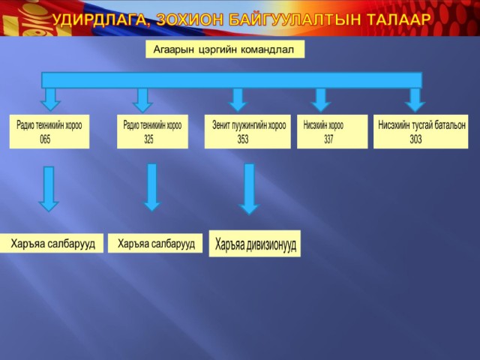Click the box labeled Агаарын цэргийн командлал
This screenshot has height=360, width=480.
(x=225, y=49)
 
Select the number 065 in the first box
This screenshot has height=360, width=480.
(x=45, y=139)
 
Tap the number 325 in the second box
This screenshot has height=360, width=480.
(x=148, y=139)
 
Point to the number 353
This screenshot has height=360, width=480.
(x=243, y=139)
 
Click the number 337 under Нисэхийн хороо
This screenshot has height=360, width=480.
(x=328, y=139)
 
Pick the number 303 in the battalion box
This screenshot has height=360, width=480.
(x=415, y=139)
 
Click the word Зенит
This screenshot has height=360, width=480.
(x=220, y=125)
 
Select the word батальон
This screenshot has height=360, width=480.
(x=448, y=125)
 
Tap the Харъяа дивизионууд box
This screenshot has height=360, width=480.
(x=255, y=244)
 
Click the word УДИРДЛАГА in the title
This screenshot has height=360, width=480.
(x=100, y=19)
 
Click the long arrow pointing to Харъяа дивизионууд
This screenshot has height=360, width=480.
(x=249, y=189)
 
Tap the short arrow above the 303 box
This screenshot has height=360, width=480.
(x=415, y=100)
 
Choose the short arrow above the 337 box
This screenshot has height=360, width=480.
(x=320, y=100)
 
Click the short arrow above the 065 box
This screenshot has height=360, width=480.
(x=50, y=100)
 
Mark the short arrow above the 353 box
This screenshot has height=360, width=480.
(x=238, y=100)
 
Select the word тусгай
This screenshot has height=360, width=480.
(x=420, y=125)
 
